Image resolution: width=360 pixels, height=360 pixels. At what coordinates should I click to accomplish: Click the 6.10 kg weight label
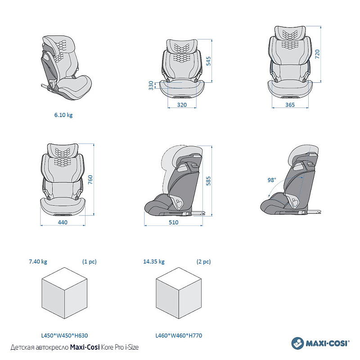point(63,115)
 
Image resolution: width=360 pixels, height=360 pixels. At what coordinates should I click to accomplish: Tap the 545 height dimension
point(208,61)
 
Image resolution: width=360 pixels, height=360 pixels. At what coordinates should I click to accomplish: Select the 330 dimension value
point(151,85)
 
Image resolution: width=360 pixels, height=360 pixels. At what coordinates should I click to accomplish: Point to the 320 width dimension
point(182,104)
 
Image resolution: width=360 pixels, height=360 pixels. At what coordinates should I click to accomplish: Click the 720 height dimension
point(317,54)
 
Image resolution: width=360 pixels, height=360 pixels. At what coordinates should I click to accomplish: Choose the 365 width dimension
point(290,104)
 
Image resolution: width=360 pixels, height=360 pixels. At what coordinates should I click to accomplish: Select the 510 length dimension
point(173,222)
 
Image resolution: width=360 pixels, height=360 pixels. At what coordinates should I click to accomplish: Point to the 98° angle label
point(271,180)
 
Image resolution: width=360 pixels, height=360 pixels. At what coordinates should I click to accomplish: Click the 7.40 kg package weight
point(38,261)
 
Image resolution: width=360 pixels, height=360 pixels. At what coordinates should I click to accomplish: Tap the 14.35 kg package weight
point(154,261)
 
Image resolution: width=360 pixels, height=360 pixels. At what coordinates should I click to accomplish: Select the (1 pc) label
point(89,261)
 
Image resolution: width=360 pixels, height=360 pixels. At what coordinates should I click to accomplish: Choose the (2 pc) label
point(203,261)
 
